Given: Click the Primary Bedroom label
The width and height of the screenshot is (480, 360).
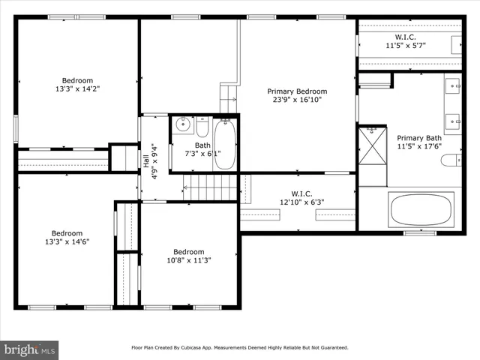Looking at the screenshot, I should [297, 91].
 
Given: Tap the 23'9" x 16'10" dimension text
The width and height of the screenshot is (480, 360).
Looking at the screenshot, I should [297, 100].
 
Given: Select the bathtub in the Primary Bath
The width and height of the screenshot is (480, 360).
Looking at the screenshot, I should [422, 209].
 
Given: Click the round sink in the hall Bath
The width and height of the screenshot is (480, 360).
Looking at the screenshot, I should [182, 126].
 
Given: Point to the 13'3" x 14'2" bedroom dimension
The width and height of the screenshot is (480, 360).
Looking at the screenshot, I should [77, 89].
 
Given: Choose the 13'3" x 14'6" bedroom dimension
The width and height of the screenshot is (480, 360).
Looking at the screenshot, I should [67, 241].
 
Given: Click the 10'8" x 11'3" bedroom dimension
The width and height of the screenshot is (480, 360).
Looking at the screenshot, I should [188, 260].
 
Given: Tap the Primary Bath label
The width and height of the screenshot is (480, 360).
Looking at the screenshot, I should [419, 138].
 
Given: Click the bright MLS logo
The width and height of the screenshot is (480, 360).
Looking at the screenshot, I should [30, 349].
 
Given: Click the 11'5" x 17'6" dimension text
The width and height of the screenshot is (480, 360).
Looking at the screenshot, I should [419, 147].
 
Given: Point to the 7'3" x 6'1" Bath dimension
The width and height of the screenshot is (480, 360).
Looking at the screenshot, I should [203, 154].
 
